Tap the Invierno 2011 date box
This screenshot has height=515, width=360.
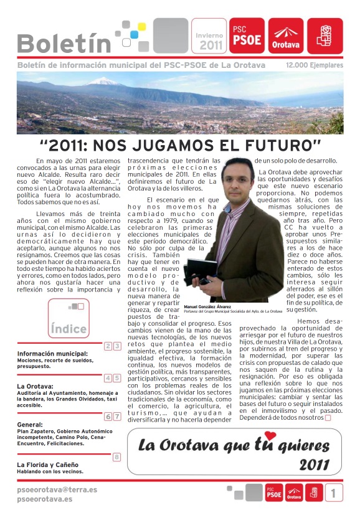(x=209, y=36)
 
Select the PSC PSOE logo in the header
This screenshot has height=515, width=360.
(x=247, y=35)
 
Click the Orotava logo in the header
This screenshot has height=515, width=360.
(x=285, y=35)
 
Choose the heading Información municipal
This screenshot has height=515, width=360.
(x=52, y=354)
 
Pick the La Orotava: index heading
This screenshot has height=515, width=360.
(x=35, y=386)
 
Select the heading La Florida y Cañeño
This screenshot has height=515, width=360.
(x=48, y=465)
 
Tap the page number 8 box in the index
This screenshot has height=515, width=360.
(x=116, y=457)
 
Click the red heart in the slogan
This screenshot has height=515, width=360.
(x=270, y=436)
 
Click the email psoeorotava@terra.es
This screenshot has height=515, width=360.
(x=57, y=490)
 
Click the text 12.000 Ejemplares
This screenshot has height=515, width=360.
(x=315, y=65)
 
